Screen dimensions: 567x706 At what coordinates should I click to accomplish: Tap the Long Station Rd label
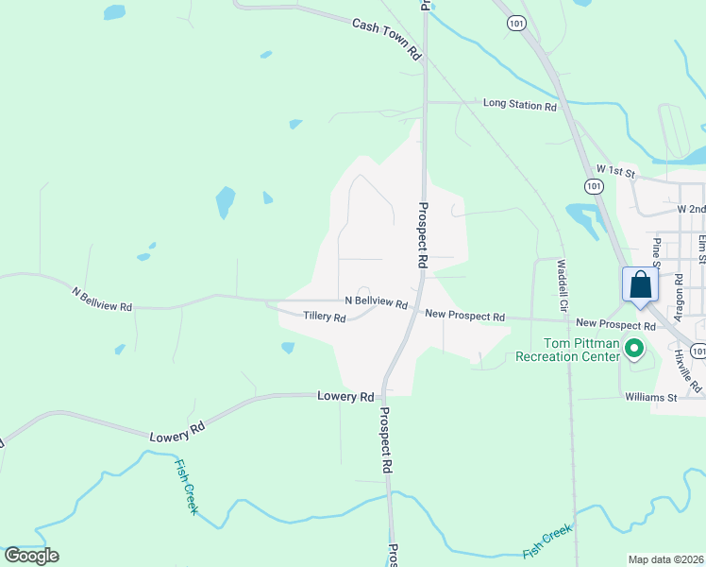point(519,104)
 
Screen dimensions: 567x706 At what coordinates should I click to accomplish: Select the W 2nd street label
point(691,207)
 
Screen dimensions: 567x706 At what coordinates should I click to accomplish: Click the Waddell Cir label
point(563,285)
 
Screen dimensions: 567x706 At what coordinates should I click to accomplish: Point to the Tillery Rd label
point(324,317)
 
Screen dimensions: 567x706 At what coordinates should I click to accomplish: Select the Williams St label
point(651,397)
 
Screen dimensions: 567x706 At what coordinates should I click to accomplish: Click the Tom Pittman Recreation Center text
point(566,350)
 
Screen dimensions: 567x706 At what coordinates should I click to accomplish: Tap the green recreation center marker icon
point(635,351)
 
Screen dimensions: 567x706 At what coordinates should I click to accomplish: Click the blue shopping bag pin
point(640,285)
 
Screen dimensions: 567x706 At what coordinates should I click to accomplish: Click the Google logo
point(31,555)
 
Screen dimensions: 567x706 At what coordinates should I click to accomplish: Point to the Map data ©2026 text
point(664,559)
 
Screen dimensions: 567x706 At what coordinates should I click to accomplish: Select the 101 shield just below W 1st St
point(594,186)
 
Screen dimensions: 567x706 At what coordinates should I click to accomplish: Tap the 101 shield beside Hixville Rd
point(698,351)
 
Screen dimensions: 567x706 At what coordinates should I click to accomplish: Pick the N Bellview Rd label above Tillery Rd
point(376,301)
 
